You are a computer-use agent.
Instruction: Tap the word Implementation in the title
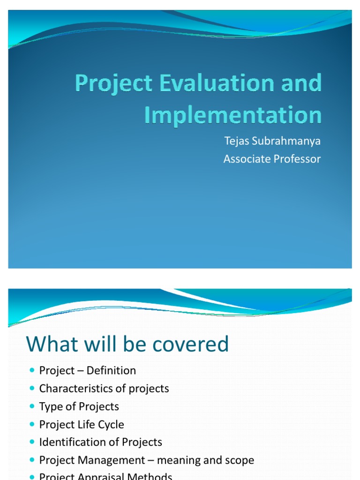232,115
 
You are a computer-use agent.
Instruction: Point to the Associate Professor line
272,159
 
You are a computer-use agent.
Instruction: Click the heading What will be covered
127,344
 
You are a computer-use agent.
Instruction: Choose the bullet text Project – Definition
88,370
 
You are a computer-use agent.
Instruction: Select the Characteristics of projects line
104,389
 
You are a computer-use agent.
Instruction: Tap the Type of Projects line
79,406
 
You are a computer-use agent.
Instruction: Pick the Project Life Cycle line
82,424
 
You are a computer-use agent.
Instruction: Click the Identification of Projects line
101,442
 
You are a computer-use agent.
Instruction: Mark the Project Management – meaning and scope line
147,460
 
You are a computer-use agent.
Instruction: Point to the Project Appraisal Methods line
106,476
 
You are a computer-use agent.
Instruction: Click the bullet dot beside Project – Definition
32,371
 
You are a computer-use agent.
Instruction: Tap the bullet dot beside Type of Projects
32,406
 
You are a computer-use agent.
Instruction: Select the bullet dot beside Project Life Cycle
32,424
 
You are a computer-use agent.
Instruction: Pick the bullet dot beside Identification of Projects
32,442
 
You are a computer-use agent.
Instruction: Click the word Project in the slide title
114,84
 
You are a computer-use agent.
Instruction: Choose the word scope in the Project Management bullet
239,460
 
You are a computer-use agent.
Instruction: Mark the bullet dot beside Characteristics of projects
32,389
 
